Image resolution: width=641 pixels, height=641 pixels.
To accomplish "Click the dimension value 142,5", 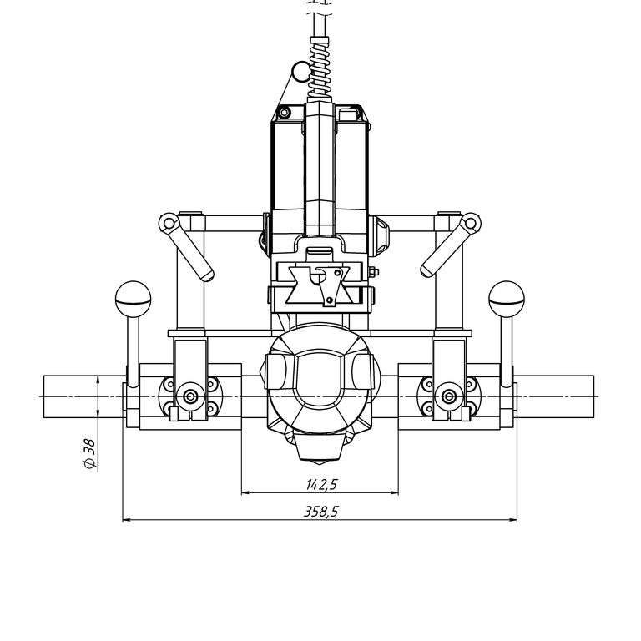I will click(320, 483).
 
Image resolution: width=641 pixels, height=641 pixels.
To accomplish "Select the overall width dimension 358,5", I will click(320, 512).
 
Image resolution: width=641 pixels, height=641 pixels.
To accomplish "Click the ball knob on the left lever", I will click(131, 295).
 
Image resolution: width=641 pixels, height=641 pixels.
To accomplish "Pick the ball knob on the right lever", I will click(505, 295).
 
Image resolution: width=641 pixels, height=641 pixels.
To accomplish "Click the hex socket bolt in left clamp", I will click(191, 396).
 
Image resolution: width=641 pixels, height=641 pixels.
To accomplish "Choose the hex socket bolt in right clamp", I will click(449, 396).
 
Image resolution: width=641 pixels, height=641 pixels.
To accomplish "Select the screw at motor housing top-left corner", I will click(285, 112).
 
